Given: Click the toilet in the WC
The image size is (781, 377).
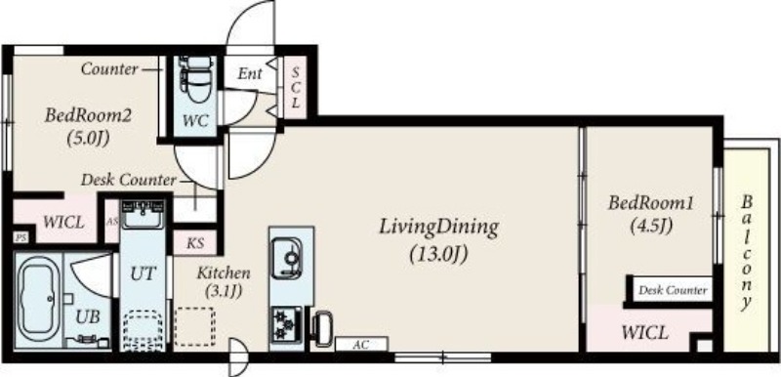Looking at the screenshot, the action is click(198, 79).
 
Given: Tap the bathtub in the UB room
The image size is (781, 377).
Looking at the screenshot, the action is click(39, 301).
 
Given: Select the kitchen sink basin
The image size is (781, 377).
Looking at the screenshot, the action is click(287, 258).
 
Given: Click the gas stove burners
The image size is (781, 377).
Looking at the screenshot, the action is click(287, 323).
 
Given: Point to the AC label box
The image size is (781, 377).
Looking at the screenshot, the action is click(361, 344).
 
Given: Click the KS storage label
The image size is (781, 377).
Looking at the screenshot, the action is click(195, 243).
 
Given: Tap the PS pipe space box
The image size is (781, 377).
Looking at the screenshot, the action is click(21, 237).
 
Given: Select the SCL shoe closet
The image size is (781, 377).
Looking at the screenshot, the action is click(296, 88).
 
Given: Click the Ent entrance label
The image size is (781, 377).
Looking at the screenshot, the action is click(250, 74).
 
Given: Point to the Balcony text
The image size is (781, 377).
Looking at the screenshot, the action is click(746, 252).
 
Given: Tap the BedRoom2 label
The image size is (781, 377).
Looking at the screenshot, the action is click(88, 116).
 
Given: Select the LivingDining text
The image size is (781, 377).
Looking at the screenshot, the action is click(438, 228).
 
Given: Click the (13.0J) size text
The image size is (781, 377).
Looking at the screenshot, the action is click(438, 255).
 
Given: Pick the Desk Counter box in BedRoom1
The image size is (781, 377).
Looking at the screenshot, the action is click(673, 290).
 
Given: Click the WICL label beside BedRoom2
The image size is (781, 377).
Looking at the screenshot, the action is click(63, 222).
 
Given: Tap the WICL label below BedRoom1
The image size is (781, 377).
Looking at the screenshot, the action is click(644, 332).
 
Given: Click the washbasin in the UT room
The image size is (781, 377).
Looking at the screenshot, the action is click(143, 215).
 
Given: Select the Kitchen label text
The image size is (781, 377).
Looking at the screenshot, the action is click(224, 272).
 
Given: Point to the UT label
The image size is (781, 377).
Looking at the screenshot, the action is click(144, 273).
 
